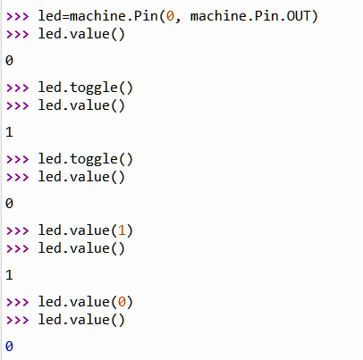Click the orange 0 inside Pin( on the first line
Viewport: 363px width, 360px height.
coord(170,16)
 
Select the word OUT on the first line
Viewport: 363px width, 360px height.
coord(299,16)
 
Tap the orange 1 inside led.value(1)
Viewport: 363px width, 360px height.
coord(122,230)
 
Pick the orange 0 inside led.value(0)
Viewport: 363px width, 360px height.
coord(122,302)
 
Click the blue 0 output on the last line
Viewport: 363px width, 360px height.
coord(9,347)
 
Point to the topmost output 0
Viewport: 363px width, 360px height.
coord(9,61)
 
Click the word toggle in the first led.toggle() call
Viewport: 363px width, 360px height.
coord(94,88)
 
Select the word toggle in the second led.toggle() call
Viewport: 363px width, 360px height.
coord(94,160)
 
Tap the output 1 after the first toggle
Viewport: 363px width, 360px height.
coord(9,132)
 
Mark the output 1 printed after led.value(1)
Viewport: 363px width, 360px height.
coord(9,275)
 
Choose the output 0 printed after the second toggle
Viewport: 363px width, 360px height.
coord(9,204)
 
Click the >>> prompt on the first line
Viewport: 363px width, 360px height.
coord(18,16)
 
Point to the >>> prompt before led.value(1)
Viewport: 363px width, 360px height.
coord(18,230)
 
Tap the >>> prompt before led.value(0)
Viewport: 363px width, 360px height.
coord(18,302)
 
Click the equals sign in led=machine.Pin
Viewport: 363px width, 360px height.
coord(65,16)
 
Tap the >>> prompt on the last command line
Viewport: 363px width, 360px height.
coord(18,320)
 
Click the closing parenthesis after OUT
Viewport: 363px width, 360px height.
coord(315,16)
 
